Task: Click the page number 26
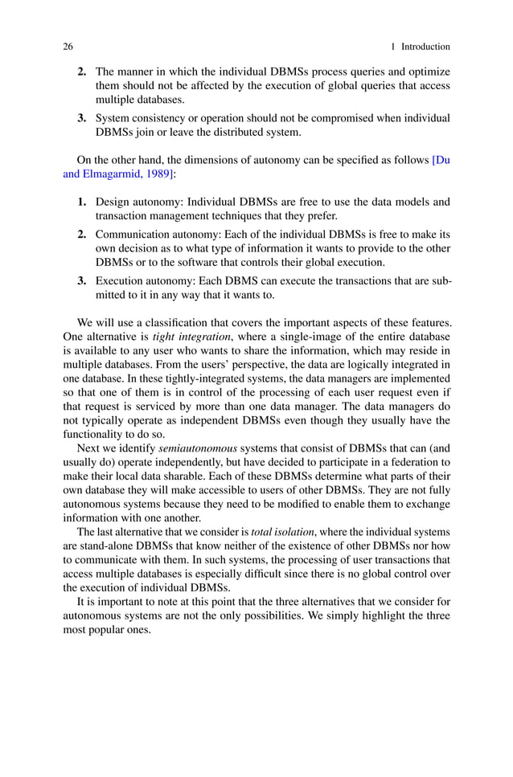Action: point(68,47)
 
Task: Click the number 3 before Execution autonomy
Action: point(82,281)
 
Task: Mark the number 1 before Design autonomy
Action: point(82,202)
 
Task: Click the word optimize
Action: point(428,70)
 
